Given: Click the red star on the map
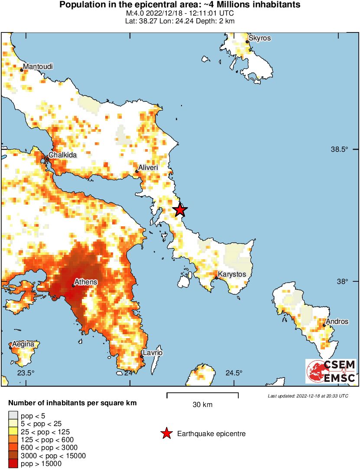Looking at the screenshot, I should pos(180,210).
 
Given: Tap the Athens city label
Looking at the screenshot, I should pos(86,282).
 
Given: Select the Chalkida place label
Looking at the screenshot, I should pos(63,155).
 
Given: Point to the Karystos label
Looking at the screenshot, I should pos(232,274).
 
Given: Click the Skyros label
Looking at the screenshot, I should pos(260,38).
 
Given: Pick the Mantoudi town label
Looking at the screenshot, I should pos(38,66).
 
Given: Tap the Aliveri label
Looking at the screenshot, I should pos(148,167).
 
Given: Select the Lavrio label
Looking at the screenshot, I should pos(152,353).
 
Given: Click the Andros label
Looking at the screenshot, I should pos(337,322).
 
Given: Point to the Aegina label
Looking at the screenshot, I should pos(23,344).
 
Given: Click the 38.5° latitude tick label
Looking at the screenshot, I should pos(340,150).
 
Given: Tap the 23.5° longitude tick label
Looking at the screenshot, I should pos(26,373).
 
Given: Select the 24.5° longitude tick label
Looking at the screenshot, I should pos(234,373).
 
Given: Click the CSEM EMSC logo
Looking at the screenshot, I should pos(331,371).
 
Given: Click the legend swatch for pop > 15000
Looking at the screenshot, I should pos(13,464).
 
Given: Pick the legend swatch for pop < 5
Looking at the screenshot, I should pos(13,416).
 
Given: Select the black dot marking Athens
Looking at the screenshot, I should pos(73,285).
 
